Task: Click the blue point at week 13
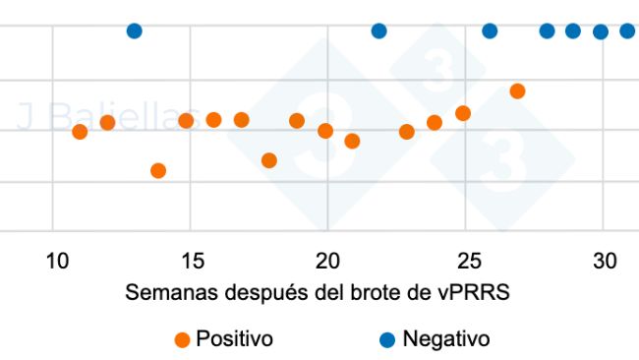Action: [x=135, y=31]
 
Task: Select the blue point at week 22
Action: [x=379, y=31]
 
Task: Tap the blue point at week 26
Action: [x=490, y=31]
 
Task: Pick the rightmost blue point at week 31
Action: [x=627, y=31]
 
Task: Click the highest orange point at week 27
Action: [x=517, y=91]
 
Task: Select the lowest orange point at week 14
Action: [x=158, y=171]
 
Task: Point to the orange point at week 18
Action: [x=269, y=160]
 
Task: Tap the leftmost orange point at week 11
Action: [x=80, y=132]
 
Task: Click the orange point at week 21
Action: [x=352, y=142]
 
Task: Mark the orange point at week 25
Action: [x=463, y=113]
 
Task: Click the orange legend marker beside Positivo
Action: [x=182, y=340]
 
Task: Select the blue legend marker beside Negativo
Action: [x=387, y=340]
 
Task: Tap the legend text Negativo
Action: [x=445, y=339]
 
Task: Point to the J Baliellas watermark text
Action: [x=108, y=118]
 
